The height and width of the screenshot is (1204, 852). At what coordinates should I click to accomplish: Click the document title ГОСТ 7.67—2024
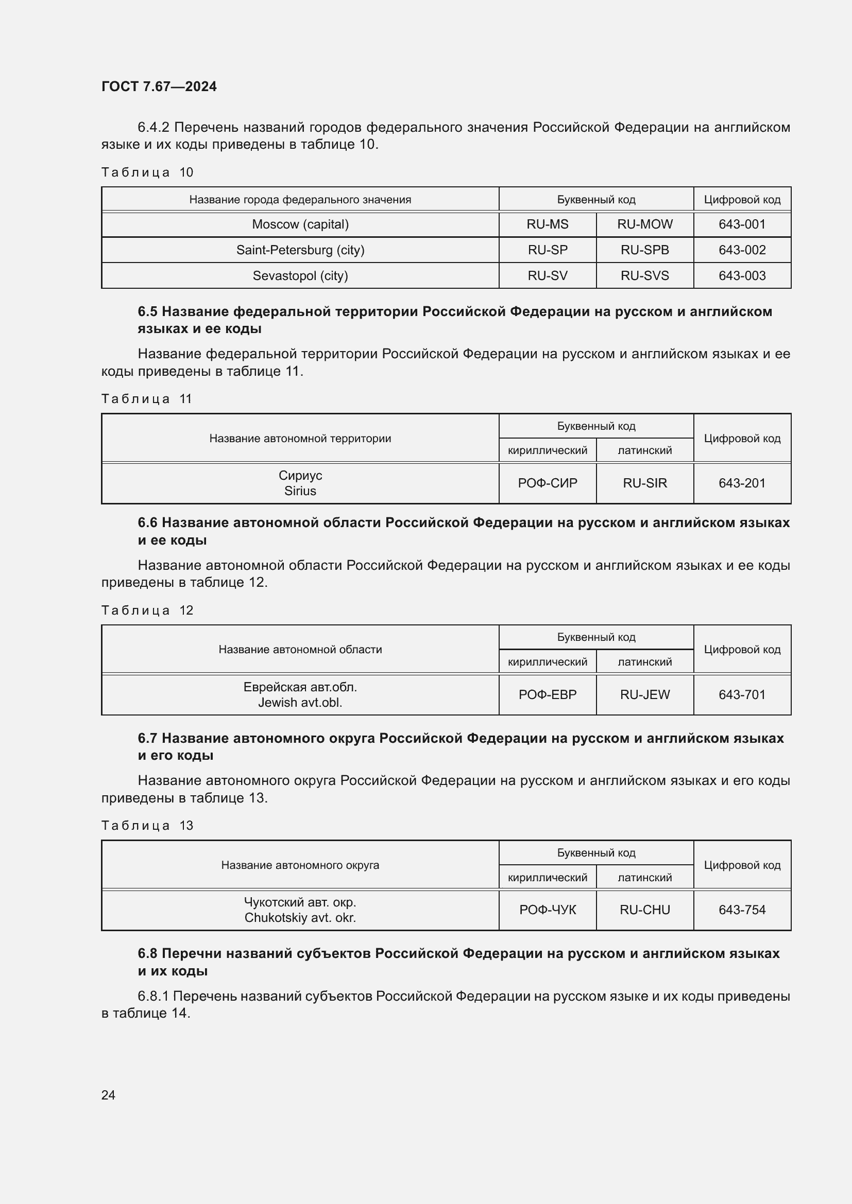[159, 86]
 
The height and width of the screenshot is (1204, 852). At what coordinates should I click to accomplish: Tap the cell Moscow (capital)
[300, 224]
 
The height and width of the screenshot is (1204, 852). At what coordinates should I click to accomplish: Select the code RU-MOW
[644, 224]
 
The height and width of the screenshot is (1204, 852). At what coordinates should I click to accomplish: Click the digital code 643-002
[742, 250]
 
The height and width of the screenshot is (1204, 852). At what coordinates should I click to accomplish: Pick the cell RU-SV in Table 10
[547, 276]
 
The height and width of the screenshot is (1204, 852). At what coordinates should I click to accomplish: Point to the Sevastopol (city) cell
[300, 276]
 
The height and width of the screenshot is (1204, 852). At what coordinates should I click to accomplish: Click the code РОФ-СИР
[547, 483]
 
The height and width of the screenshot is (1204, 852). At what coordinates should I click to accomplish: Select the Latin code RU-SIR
[644, 483]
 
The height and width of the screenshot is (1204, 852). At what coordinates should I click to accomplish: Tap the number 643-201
[742, 483]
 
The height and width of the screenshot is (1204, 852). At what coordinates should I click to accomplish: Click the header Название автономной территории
[300, 439]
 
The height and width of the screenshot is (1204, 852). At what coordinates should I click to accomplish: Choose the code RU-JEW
[644, 695]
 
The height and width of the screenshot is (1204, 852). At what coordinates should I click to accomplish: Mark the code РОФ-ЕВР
[547, 695]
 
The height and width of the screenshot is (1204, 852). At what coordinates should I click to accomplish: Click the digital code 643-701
[742, 695]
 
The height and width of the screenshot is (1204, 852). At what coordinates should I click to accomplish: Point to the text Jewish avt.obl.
[300, 703]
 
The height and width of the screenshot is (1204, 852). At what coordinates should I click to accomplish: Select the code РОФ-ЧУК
[547, 910]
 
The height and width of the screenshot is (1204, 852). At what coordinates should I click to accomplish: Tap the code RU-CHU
[644, 910]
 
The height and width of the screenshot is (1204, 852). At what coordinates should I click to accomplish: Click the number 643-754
[742, 910]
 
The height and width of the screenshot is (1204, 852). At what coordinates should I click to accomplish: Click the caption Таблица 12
[147, 610]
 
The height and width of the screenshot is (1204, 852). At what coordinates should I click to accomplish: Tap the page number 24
[108, 1095]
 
